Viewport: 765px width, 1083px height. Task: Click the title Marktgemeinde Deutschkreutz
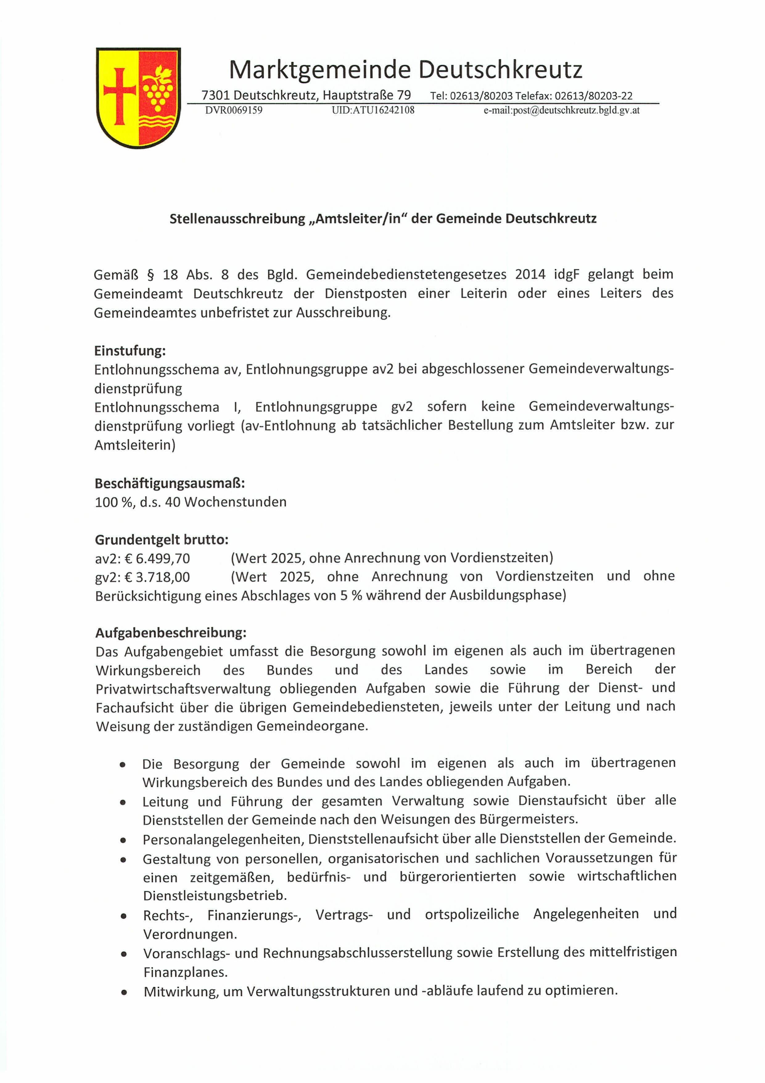(405, 70)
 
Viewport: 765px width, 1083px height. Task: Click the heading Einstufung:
(130, 351)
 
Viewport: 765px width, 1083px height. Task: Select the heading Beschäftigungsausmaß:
(170, 483)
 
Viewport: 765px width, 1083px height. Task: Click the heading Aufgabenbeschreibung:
(171, 633)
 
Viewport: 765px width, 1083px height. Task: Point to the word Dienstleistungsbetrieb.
(215, 895)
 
